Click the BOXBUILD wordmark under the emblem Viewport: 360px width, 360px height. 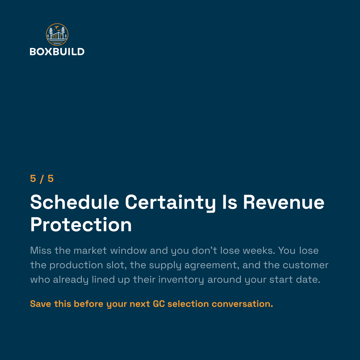pos(57,52)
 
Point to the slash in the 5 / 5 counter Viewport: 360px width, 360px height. pos(42,179)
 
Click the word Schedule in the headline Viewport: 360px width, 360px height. pos(75,202)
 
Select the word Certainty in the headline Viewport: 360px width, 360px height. pos(170,203)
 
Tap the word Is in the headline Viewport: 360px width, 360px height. pos(229,202)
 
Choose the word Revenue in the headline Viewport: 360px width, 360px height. pos(284,202)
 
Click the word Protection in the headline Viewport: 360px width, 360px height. pos(81,225)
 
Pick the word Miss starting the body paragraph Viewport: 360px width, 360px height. pos(41,250)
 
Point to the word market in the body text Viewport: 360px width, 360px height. pos(90,250)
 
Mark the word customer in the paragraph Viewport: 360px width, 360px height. pos(306,265)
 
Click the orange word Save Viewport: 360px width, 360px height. pos(41,304)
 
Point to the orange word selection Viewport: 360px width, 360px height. pos(188,304)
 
